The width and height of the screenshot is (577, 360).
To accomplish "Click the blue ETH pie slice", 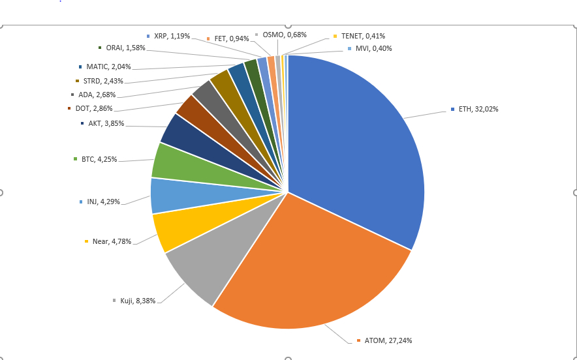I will [359, 150].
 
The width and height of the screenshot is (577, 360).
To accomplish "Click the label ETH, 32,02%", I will [478, 109].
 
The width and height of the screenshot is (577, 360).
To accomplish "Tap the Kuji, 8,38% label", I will [138, 301].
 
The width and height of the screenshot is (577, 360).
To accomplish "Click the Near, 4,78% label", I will [112, 241].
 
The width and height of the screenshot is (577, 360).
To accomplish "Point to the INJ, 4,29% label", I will [103, 202].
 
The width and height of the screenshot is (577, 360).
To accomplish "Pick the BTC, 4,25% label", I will [99, 159].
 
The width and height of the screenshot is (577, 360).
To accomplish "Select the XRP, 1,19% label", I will [172, 36].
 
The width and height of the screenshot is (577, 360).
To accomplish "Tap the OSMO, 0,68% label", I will [284, 35].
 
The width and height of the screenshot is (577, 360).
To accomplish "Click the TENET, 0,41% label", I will [363, 36].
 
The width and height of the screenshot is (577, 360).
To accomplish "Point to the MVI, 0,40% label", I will [373, 48].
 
